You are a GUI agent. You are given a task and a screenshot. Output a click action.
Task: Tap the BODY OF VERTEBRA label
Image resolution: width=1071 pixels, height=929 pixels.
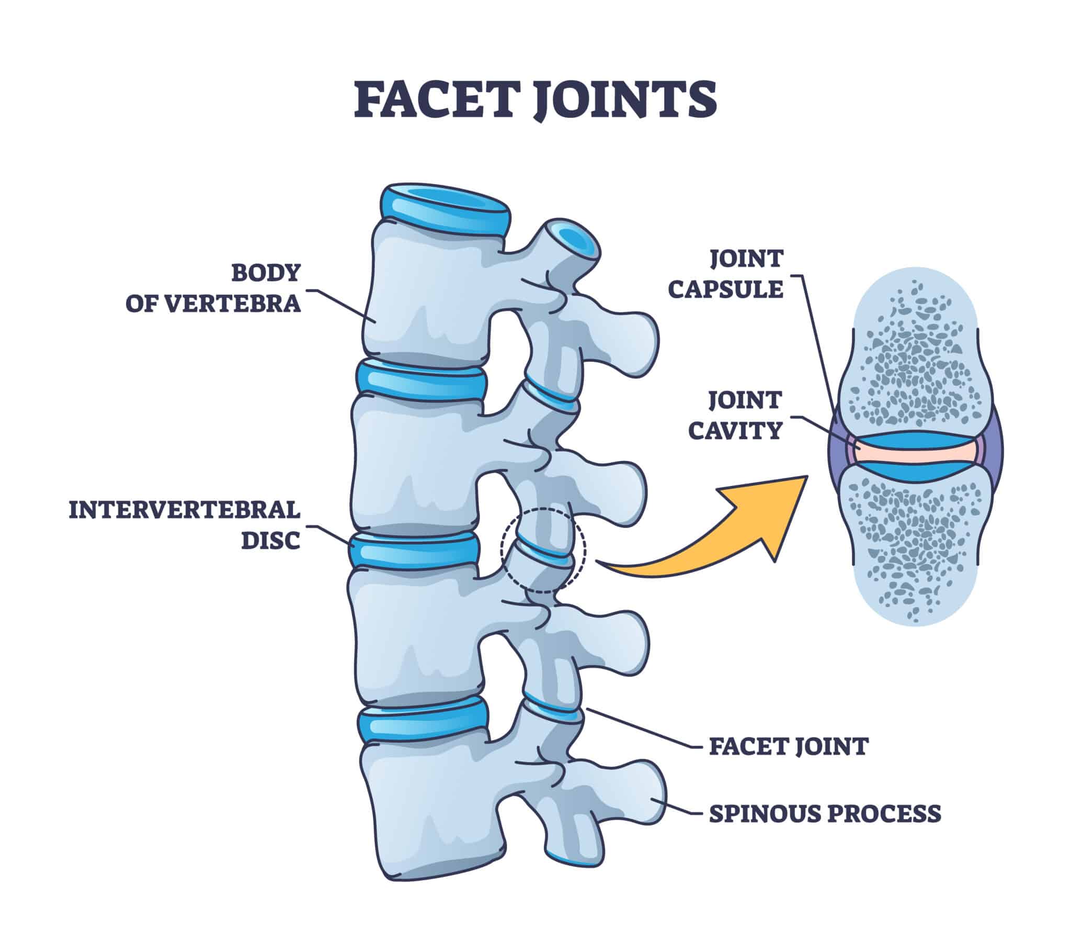click(213, 288)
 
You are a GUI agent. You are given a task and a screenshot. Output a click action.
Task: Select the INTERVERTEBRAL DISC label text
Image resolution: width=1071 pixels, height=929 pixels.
click(185, 524)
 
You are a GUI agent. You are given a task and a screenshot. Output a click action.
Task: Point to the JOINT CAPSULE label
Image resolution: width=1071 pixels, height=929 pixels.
click(725, 274)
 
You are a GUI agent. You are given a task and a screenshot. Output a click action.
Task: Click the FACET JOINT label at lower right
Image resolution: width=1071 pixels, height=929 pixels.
click(788, 746)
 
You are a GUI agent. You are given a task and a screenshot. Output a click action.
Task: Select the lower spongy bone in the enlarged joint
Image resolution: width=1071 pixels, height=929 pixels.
click(915, 544)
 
